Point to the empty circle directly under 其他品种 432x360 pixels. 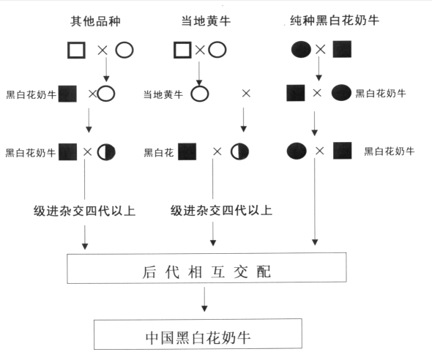tap(124, 50)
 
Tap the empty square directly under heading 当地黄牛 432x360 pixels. tap(182, 50)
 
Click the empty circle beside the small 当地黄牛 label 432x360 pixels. tap(199, 94)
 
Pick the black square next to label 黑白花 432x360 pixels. tap(187, 151)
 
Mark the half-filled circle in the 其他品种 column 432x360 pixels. tap(106, 151)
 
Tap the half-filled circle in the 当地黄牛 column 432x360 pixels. tap(239, 151)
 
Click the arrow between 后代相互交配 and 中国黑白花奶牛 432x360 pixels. tap(204, 301)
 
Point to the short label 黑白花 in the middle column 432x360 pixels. tap(158, 152)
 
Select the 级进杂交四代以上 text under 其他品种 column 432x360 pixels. tap(85, 211)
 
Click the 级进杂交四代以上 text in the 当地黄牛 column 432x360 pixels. tap(221, 211)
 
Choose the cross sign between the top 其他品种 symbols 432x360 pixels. tap(103, 50)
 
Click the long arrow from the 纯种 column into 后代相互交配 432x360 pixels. tap(315, 205)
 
